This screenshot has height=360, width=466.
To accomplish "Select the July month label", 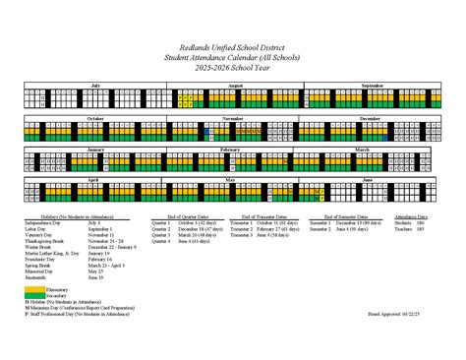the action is coord(95,86).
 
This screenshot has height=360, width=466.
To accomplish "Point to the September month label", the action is coord(372,86).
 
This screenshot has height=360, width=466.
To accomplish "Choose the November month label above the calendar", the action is coord(232,118).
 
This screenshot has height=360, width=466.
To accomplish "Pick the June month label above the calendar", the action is coord(368,181).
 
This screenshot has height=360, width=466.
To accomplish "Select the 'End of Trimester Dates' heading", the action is coord(264,214).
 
